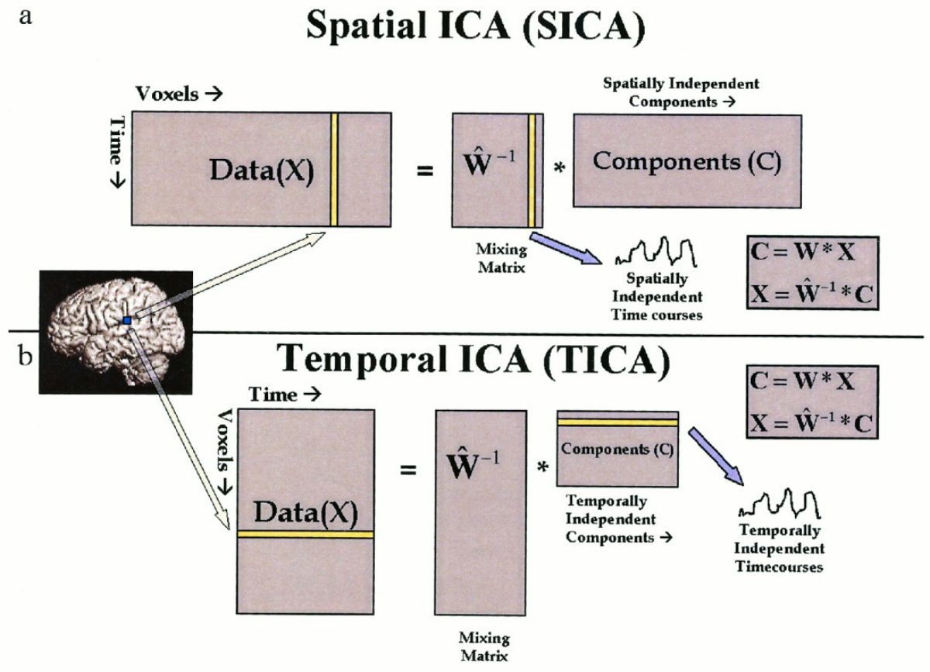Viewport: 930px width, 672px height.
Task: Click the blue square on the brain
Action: (x=127, y=320)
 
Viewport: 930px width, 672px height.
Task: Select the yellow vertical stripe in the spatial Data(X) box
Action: (x=334, y=169)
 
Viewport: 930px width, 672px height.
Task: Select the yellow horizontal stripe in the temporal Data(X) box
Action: (x=305, y=534)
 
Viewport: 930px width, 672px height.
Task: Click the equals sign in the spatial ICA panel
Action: (x=424, y=171)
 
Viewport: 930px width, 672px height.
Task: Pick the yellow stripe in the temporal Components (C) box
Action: (x=618, y=422)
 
